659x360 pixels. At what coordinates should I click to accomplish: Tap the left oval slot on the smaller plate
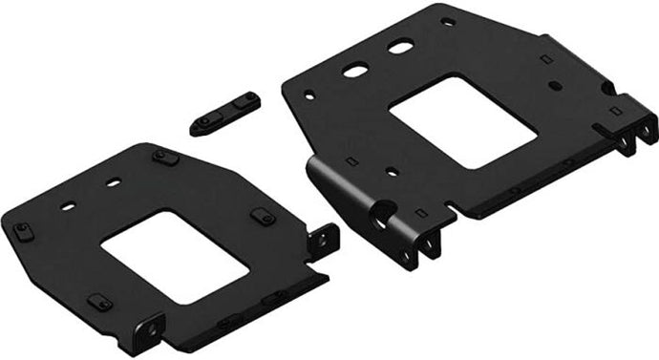point(68,204)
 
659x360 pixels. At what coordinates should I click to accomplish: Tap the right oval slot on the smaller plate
point(114,181)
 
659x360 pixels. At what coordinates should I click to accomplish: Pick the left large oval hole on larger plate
point(354,69)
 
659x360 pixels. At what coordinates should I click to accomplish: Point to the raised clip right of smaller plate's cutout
point(263,217)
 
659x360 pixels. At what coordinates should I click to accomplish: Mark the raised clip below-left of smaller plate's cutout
point(99,303)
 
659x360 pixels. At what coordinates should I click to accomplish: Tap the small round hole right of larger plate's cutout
point(553,84)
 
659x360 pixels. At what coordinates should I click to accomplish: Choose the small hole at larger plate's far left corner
point(308,93)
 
